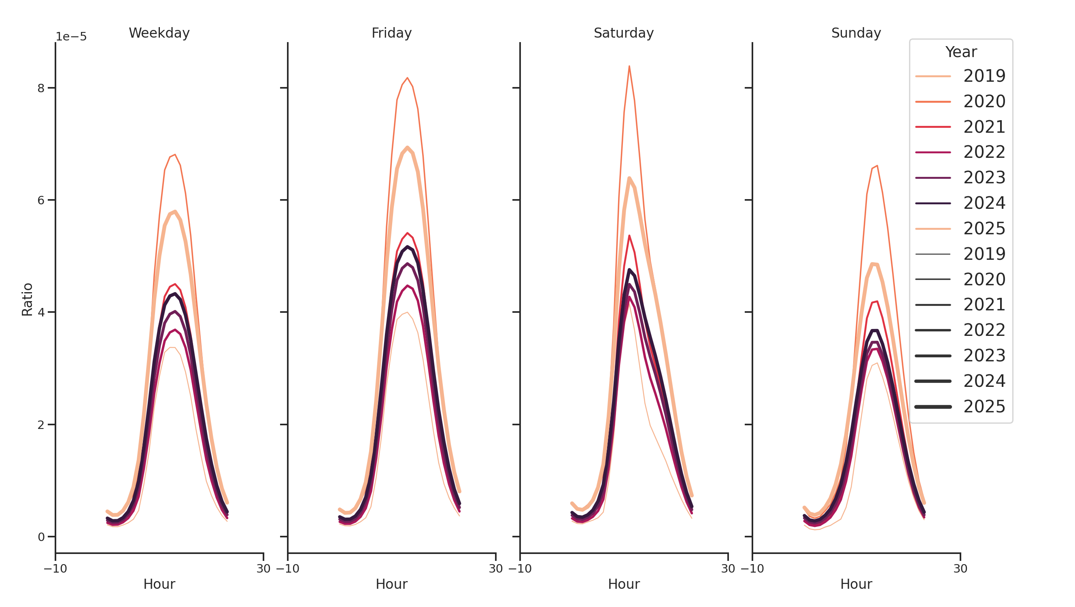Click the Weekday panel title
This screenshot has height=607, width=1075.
coord(159,33)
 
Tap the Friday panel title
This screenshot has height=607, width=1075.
coord(391,33)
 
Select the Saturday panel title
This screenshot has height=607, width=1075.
coord(623,33)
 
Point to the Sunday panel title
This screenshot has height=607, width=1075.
coord(856,33)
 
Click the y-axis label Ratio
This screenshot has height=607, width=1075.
coord(27,299)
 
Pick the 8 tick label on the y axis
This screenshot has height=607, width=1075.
coord(40,88)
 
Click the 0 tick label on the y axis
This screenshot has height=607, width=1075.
coord(41,537)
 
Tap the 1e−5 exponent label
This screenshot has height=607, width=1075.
coord(71,37)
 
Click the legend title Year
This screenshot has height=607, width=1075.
coord(960,52)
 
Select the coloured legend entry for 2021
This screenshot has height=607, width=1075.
coord(984,127)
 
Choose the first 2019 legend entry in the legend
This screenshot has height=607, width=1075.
coord(984,76)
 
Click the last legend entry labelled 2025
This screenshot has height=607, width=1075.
coord(984,406)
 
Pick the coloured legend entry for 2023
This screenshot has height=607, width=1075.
coord(984,178)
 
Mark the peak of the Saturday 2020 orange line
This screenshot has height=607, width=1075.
coord(629,66)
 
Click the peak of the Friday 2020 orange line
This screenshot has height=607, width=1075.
coord(407,78)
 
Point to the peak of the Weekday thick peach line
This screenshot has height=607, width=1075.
coord(175,212)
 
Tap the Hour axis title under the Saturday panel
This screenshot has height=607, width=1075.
coord(623,584)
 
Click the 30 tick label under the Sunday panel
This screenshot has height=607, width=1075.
coord(960,569)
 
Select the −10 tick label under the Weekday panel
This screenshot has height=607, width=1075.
coord(55,569)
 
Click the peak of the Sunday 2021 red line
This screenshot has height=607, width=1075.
coord(877,301)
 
